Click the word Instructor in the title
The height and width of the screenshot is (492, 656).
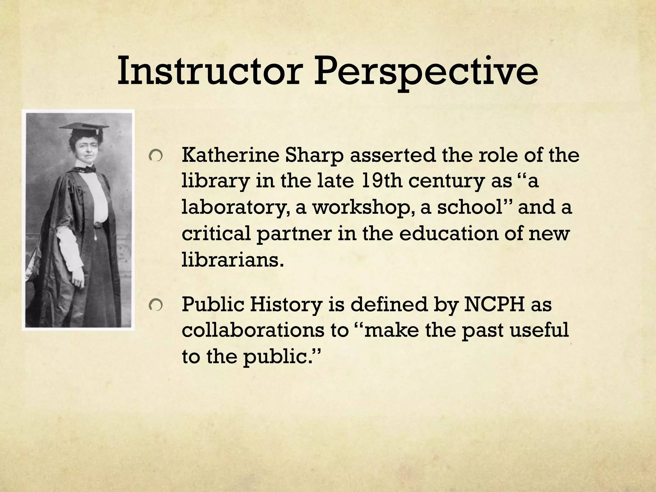pyautogui.click(x=209, y=72)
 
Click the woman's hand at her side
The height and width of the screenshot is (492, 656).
pyautogui.click(x=77, y=282)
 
